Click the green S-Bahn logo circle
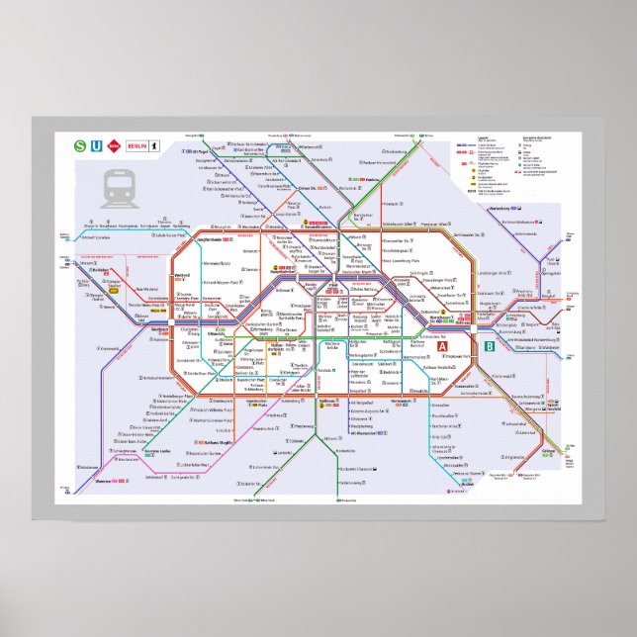(x=79, y=146)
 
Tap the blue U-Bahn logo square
(x=96, y=146)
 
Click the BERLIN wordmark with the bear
(x=139, y=146)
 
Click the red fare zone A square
(x=444, y=346)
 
